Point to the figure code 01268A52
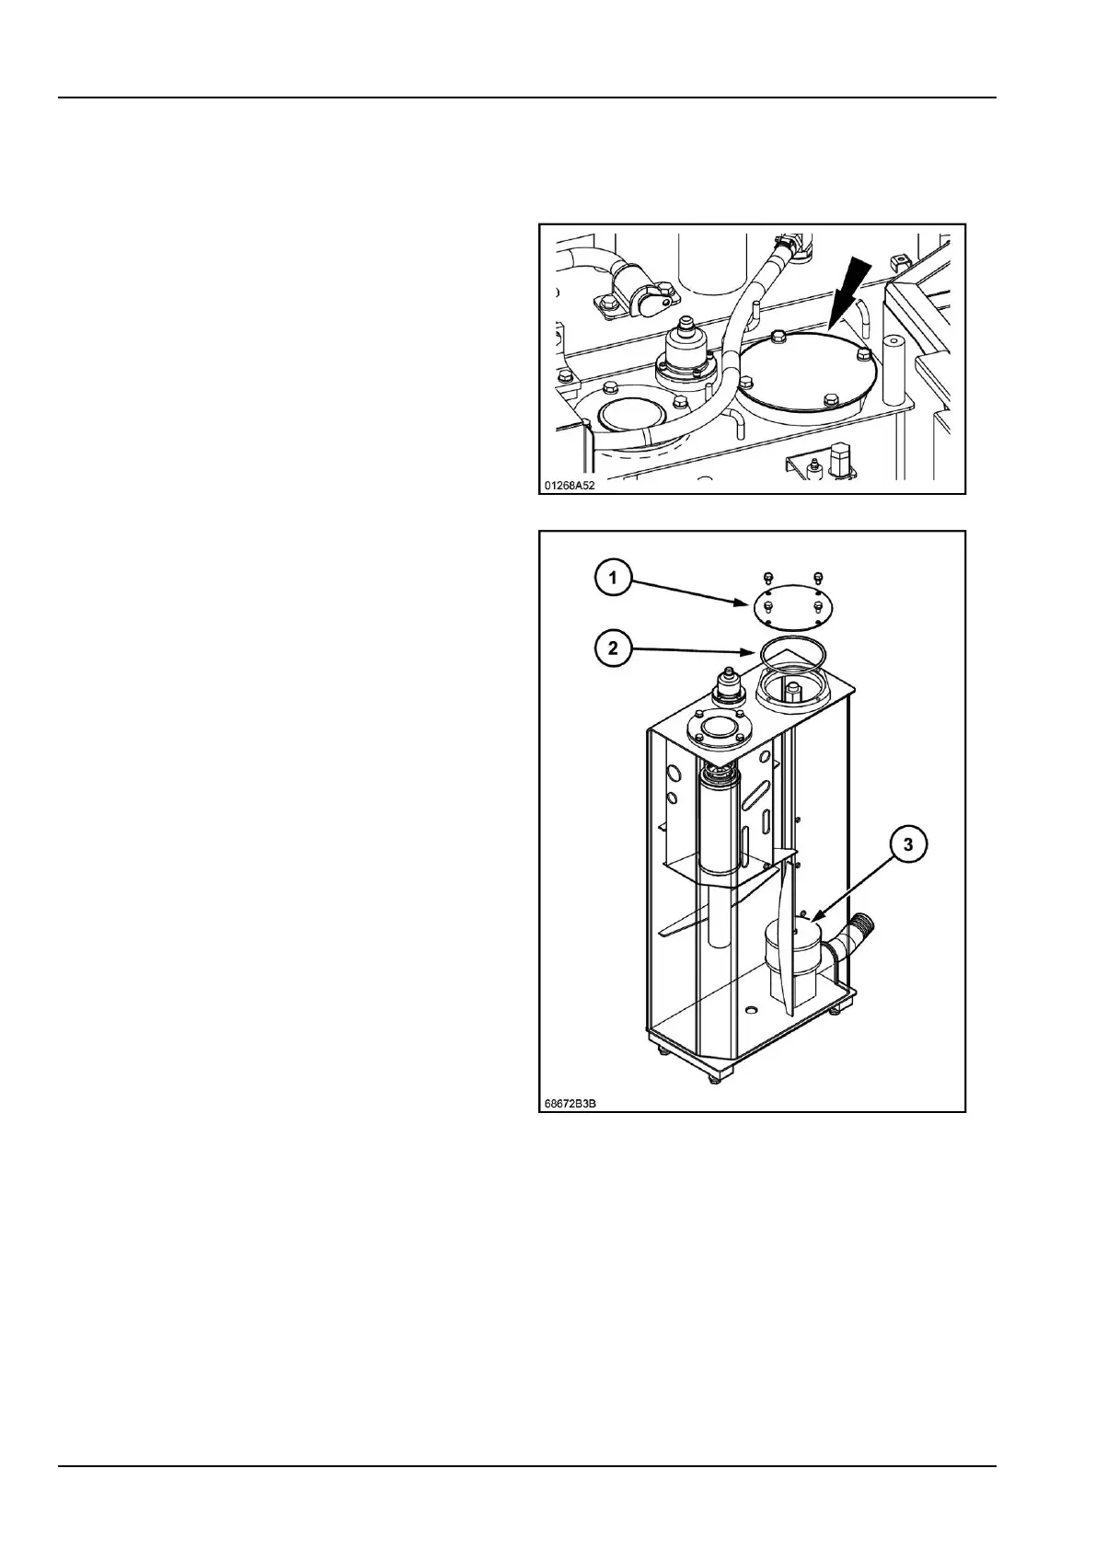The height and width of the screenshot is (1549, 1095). (571, 484)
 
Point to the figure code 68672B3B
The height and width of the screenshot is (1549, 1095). (571, 1101)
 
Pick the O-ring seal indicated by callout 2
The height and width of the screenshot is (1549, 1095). (795, 651)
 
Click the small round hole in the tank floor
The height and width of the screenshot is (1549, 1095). (751, 1010)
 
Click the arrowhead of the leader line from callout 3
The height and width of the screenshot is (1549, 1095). (813, 917)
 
